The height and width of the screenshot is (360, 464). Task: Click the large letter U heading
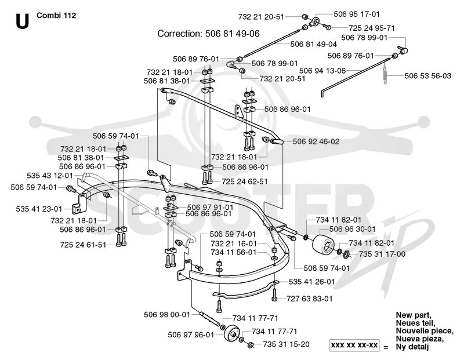pyautogui.click(x=22, y=21)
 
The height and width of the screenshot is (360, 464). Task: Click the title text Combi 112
pyautogui.click(x=56, y=16)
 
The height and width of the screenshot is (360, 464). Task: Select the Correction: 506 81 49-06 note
pyautogui.click(x=208, y=34)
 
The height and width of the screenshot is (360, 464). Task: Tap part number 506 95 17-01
pyautogui.click(x=356, y=14)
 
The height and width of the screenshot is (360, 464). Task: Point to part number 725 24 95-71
pyautogui.click(x=371, y=28)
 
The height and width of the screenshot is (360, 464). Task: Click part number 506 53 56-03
pyautogui.click(x=427, y=76)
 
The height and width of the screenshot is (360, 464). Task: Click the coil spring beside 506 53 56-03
pyautogui.click(x=385, y=76)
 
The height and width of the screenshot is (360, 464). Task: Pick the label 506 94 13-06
pyautogui.click(x=322, y=71)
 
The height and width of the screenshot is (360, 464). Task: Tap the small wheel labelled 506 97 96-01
pyautogui.click(x=231, y=334)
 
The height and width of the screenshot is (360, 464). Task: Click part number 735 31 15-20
pyautogui.click(x=286, y=344)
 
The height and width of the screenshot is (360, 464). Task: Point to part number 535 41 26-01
pyautogui.click(x=311, y=282)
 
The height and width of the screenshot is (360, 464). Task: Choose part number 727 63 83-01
pyautogui.click(x=309, y=299)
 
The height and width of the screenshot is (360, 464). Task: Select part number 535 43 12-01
pyautogui.click(x=50, y=176)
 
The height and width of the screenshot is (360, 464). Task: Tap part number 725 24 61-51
pyautogui.click(x=83, y=245)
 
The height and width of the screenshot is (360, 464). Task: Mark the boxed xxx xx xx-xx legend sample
pyautogui.click(x=354, y=345)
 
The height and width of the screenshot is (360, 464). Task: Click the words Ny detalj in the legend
pyautogui.click(x=412, y=347)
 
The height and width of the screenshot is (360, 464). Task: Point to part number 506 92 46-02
pyautogui.click(x=316, y=141)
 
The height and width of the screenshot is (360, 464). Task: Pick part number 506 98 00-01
pyautogui.click(x=167, y=314)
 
